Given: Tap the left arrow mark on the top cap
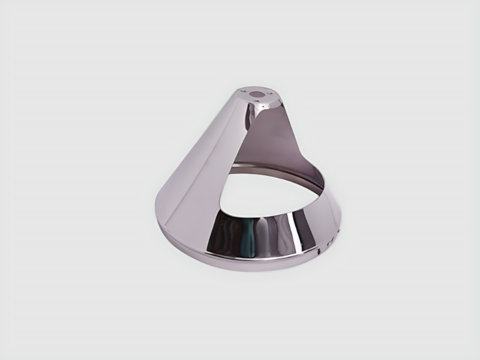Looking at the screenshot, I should point(244,91).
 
